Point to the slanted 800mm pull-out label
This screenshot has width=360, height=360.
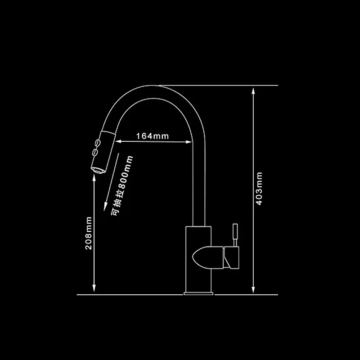pos(123,185)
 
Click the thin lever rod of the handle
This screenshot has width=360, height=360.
pos(234,234)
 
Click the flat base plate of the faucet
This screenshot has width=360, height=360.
pos(198,294)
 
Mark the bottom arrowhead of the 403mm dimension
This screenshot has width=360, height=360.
pos(253,290)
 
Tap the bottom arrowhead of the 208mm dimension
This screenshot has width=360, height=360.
pos(94,290)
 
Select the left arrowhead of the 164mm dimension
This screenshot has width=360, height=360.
pos(119,142)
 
